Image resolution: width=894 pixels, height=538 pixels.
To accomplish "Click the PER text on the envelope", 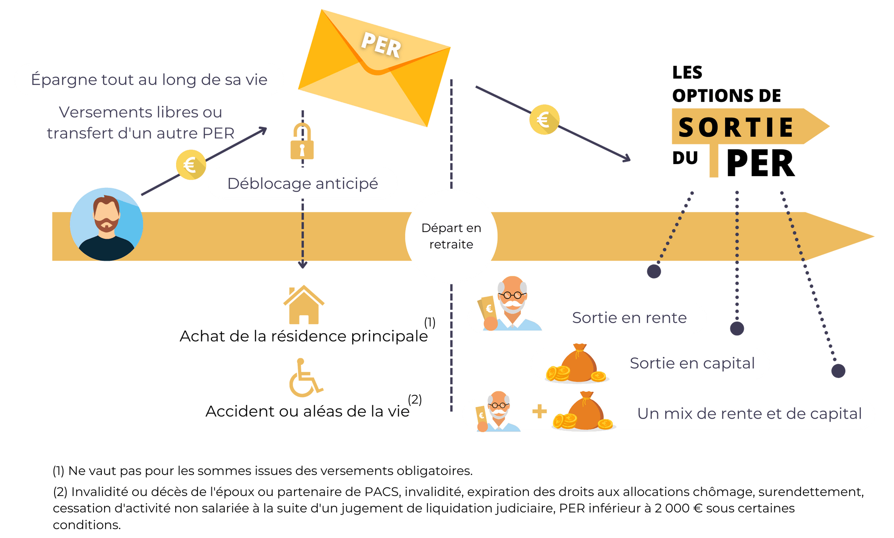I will pos(381,45).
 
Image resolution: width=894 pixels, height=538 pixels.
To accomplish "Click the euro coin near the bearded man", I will pos(191,165).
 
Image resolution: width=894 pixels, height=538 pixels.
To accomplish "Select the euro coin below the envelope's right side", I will pos(544,119).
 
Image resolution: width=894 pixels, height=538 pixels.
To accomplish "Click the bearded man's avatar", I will pos(106,224).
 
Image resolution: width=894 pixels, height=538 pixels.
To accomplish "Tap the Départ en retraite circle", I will pos(451,236).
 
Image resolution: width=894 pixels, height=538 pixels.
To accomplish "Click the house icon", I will pos(304,305).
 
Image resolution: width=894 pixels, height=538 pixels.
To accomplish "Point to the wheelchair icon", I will pos(305,378).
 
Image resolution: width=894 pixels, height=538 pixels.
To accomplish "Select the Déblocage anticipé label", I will pos(303,183).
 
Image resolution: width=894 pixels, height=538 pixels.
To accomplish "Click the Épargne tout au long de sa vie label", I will pos(149,80).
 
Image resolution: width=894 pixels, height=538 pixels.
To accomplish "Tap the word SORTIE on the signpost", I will pos(736,127).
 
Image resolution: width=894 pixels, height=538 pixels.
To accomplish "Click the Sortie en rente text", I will pos(629,318).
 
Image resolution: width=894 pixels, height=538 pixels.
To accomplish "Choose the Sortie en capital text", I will pos(692,363).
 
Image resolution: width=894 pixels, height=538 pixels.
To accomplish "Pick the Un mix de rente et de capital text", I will pos(749,414).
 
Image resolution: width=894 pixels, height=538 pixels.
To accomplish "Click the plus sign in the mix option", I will pos(540,411).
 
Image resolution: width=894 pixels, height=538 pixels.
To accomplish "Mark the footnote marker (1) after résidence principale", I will pos(430,322).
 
